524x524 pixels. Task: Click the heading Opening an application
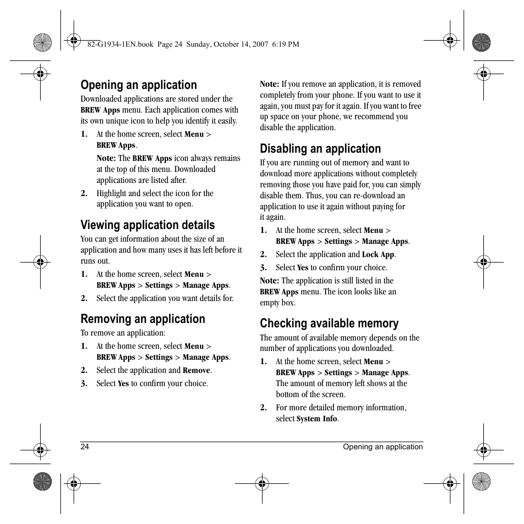pyautogui.click(x=138, y=85)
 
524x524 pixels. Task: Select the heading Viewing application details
pyautogui.click(x=147, y=225)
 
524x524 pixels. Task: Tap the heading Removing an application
pyautogui.click(x=142, y=319)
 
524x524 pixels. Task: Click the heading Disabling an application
pyautogui.click(x=320, y=149)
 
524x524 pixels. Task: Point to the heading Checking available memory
pyautogui.click(x=329, y=324)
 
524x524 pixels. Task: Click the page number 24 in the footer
pyautogui.click(x=85, y=447)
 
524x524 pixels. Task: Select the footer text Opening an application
pyautogui.click(x=383, y=447)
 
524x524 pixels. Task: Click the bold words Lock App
pyautogui.click(x=378, y=255)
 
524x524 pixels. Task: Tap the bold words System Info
pyautogui.click(x=316, y=419)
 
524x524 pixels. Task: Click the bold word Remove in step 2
pyautogui.click(x=196, y=371)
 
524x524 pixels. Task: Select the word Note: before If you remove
pyautogui.click(x=269, y=85)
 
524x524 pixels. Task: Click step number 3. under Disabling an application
pyautogui.click(x=263, y=268)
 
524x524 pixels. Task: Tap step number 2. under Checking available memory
pyautogui.click(x=263, y=408)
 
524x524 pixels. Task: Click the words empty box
pyautogui.click(x=277, y=303)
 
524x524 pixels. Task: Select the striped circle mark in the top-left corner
pyautogui.click(x=42, y=42)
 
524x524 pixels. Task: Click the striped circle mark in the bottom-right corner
pyautogui.click(x=482, y=482)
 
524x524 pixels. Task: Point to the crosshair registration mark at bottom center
pyautogui.click(x=262, y=483)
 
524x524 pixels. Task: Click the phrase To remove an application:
pyautogui.click(x=122, y=333)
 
